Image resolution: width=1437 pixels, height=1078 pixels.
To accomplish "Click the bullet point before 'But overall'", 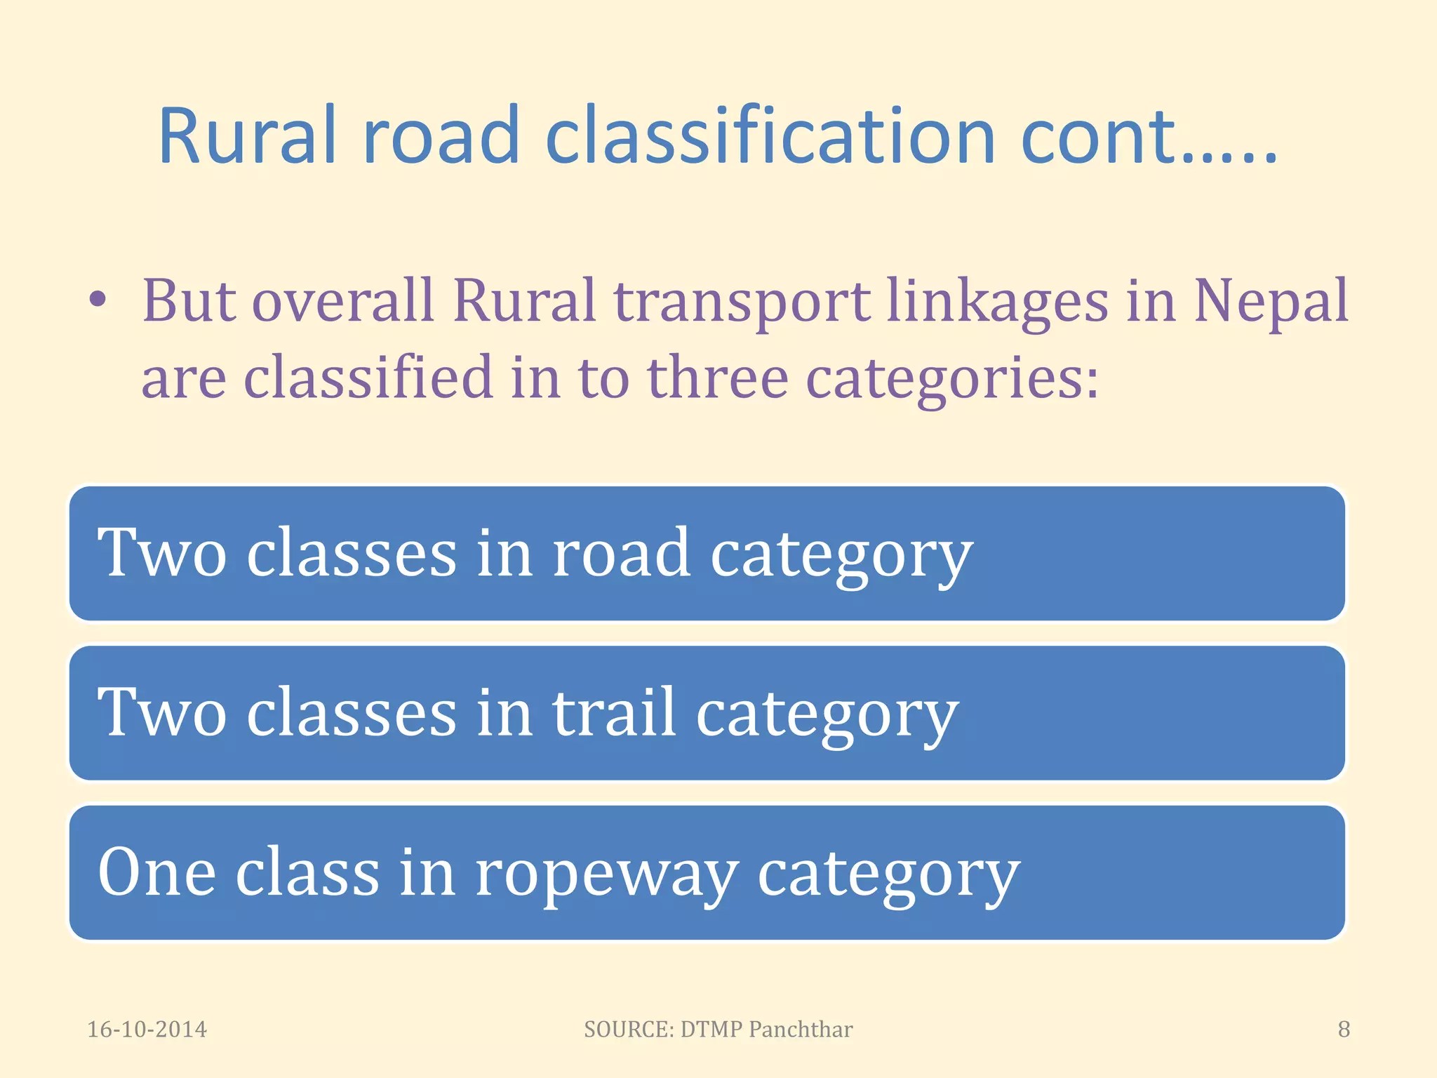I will [x=98, y=300].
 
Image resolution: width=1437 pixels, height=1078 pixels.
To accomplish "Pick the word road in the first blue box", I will [x=622, y=553].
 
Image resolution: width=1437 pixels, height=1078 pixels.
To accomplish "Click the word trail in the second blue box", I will [x=615, y=712].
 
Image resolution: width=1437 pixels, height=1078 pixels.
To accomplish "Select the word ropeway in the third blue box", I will [x=606, y=874].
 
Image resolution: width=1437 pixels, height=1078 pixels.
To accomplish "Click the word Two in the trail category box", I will [x=162, y=712].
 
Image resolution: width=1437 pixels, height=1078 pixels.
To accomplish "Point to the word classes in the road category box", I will [x=351, y=553].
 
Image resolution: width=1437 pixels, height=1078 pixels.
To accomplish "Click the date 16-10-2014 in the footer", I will [x=147, y=1030].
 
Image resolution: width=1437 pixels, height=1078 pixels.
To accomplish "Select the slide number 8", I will [x=1343, y=1030].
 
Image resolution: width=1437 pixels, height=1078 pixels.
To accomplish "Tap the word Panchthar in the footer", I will [x=800, y=1030].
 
